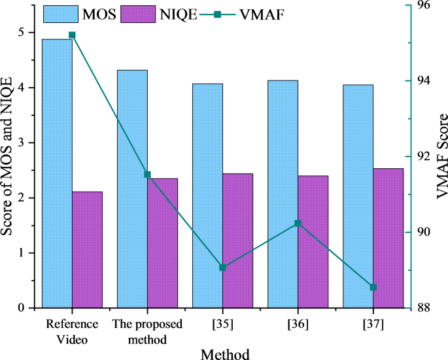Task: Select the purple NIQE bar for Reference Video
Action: pyautogui.click(x=87, y=249)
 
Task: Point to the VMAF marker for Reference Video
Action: pyautogui.click(x=72, y=35)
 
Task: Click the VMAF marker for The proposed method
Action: pyautogui.click(x=147, y=175)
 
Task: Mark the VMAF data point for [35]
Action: pyautogui.click(x=222, y=267)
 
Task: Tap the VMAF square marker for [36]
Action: pyautogui.click(x=298, y=223)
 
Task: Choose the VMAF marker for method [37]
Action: pyautogui.click(x=373, y=287)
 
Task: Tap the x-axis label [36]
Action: pyautogui.click(x=298, y=325)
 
